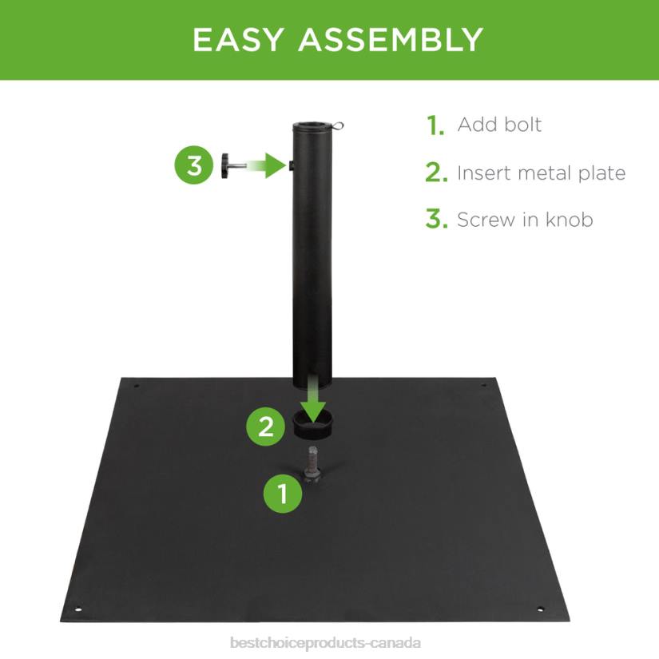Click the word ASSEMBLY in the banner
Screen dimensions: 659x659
391,40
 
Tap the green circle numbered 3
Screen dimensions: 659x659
195,166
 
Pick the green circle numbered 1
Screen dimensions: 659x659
283,494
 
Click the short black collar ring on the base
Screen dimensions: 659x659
317,427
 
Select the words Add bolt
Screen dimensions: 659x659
499,125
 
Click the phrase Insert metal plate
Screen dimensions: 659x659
541,173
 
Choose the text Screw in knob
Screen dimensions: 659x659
525,220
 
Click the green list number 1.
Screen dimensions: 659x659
435,125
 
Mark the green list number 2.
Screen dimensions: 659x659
436,173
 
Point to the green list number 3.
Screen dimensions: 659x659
436,220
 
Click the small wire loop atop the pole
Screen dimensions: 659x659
341,125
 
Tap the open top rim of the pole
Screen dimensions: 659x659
313,126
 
